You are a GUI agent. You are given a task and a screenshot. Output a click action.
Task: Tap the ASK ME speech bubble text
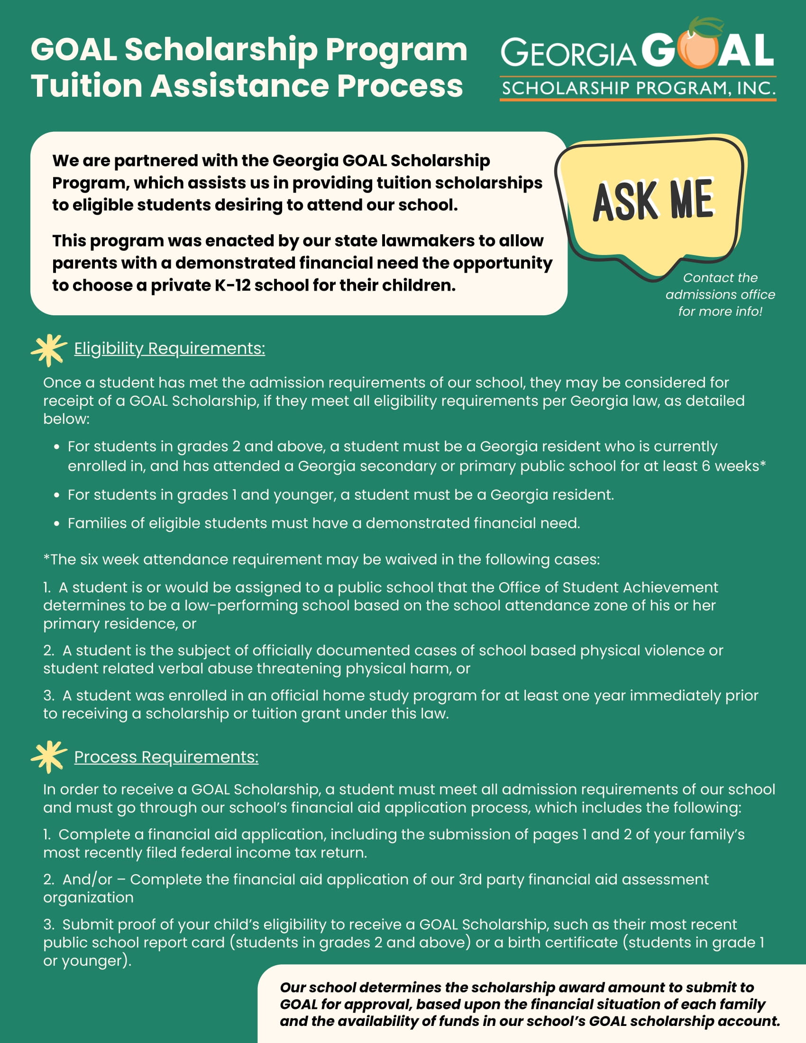pos(653,200)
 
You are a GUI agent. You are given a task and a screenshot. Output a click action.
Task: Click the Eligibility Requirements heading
pos(170,348)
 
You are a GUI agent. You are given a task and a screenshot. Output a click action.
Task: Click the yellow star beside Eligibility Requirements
pos(48,350)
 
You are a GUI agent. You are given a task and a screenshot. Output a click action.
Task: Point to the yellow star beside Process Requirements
pos(48,757)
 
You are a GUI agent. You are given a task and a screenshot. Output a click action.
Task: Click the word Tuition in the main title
pos(87,86)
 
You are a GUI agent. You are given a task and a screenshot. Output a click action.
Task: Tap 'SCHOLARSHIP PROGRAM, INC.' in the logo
pos(638,88)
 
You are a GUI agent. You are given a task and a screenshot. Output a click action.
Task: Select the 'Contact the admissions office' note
pos(720,294)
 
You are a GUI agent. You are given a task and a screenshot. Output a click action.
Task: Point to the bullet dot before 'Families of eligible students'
pos(57,524)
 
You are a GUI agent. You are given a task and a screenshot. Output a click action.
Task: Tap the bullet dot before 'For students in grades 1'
pos(57,495)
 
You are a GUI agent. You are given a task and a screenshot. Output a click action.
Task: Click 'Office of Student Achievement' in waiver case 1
pos(608,587)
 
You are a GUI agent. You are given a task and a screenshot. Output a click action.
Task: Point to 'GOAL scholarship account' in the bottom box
pos(684,1021)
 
